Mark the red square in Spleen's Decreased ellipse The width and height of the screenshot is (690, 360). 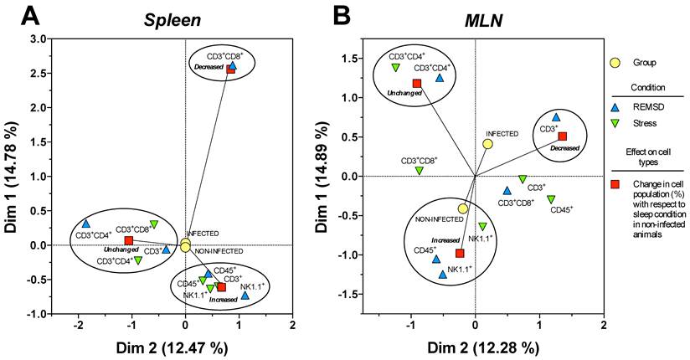click(230, 70)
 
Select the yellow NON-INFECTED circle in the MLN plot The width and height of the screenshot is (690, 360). click(462, 208)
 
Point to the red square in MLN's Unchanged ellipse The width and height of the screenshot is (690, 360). click(416, 84)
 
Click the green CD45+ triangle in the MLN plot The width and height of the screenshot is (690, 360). click(551, 199)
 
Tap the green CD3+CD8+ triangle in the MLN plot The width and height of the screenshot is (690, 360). click(420, 171)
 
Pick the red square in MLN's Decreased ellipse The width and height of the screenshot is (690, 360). click(563, 136)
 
